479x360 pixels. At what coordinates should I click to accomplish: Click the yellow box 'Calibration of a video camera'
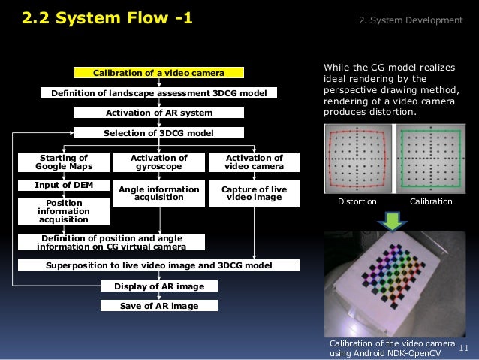[x=158, y=73]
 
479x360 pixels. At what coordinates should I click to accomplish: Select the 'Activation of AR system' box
[x=158, y=113]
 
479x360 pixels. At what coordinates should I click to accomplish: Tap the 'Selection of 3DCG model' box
[x=158, y=133]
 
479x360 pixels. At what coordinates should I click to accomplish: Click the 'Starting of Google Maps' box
[x=62, y=162]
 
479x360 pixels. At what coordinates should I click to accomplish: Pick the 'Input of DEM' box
[x=62, y=185]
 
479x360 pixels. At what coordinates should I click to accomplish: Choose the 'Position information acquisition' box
[x=64, y=211]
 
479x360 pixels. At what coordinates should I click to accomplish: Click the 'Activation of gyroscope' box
[x=158, y=162]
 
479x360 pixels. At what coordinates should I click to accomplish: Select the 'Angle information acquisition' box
[x=158, y=193]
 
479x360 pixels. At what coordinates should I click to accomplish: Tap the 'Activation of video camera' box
[x=254, y=162]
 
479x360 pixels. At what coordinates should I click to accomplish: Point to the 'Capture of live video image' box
[x=254, y=193]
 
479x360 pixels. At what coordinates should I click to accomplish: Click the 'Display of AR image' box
[x=158, y=286]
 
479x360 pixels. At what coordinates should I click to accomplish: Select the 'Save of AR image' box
[x=158, y=306]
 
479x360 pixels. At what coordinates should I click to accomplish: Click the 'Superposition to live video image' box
[x=158, y=265]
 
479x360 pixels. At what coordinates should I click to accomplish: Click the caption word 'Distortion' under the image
[x=357, y=201]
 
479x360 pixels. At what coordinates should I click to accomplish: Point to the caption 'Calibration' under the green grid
[x=431, y=201]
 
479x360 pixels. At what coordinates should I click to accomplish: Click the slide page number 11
[x=462, y=348]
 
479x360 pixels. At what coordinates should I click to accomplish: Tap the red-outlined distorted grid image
[x=357, y=159]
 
